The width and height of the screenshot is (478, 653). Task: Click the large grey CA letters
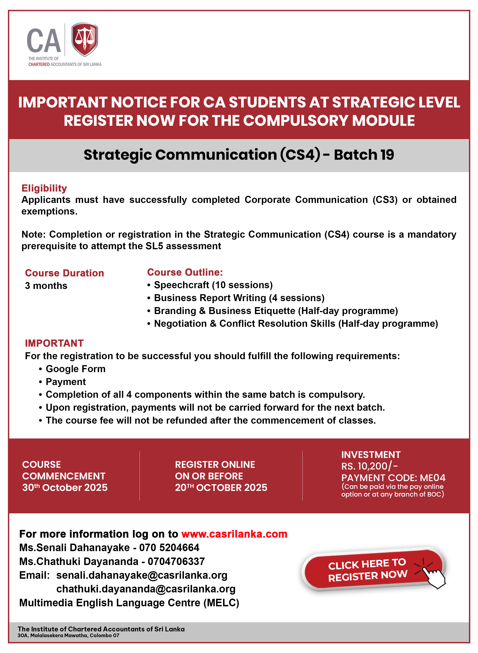[x=44, y=41]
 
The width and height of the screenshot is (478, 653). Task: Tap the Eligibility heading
[x=44, y=188]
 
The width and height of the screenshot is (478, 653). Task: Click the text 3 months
[x=46, y=286]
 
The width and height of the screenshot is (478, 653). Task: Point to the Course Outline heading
[x=185, y=272]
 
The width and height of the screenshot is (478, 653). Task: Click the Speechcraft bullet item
[x=213, y=285]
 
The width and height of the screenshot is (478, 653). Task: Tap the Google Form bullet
[x=76, y=369]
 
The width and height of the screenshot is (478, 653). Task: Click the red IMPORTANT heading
[x=54, y=343]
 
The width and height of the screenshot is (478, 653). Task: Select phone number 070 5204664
[x=169, y=548]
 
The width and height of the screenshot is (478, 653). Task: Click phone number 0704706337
[x=176, y=562]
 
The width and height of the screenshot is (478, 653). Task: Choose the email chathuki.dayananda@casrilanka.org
[x=146, y=589]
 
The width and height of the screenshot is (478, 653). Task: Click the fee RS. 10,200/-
[x=369, y=466]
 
